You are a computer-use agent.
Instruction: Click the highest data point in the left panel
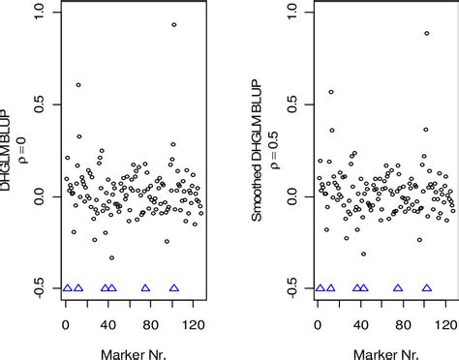tap(174, 25)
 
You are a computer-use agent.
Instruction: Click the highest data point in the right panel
tap(426, 34)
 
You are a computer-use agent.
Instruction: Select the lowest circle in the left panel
tap(112, 258)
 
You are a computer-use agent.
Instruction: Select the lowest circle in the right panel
tap(364, 255)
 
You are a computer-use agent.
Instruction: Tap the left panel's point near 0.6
tap(78, 85)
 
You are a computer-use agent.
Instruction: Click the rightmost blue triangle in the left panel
tap(174, 287)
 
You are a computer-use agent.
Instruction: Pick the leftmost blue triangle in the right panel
tap(320, 287)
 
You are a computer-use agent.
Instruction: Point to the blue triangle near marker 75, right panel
tap(398, 287)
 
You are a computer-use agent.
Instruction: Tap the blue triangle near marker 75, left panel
tap(146, 287)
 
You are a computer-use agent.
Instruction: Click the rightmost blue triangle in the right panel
tap(426, 287)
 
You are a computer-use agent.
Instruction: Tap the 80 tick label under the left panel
tap(150, 325)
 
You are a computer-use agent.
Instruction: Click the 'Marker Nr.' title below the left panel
tap(131, 349)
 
